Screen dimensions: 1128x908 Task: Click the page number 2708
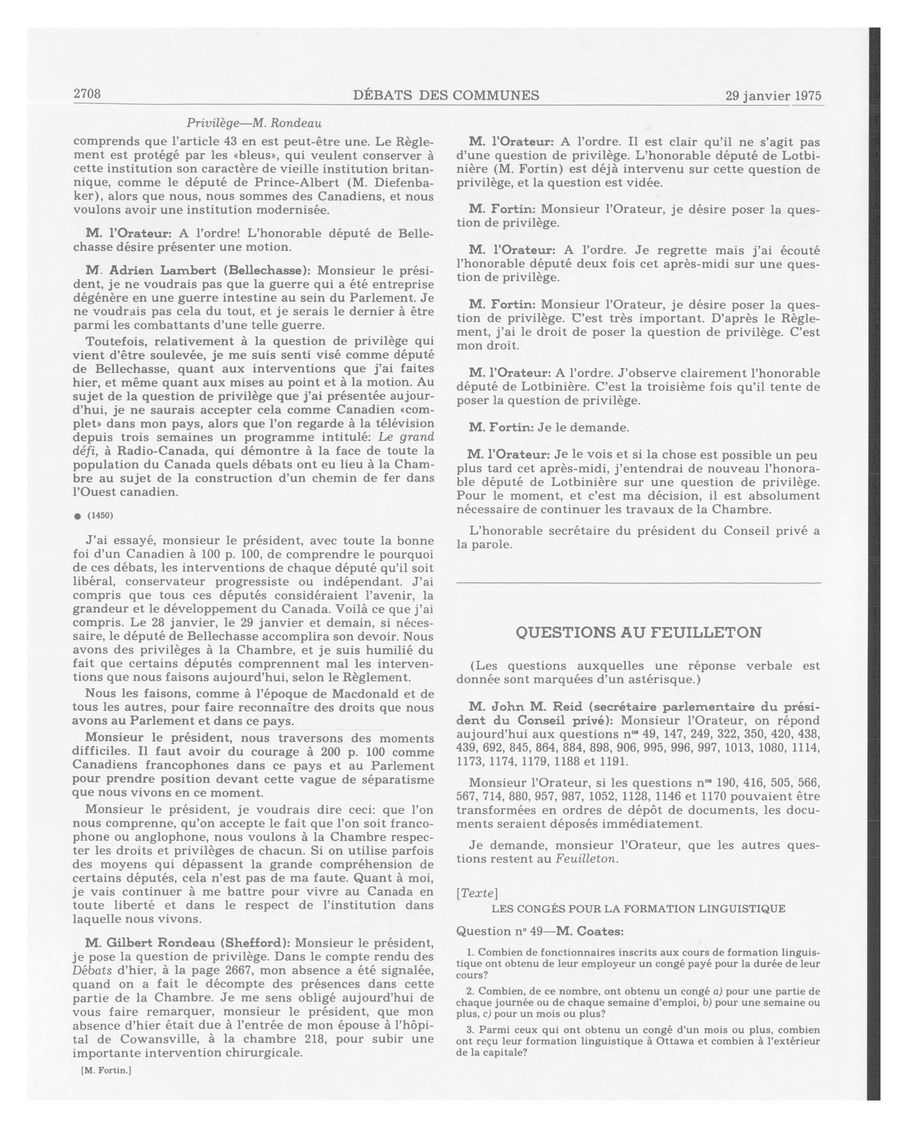point(87,94)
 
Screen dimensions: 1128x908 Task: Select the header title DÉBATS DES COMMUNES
point(446,95)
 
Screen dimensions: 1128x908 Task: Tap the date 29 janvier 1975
point(773,96)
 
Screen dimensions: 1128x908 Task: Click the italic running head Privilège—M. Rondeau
point(254,124)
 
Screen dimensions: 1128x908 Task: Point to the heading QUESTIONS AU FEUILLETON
point(638,633)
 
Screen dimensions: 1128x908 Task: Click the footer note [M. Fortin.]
point(106,1070)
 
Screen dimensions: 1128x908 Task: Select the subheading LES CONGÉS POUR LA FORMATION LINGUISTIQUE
point(638,909)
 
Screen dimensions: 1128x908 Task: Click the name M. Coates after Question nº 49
point(590,931)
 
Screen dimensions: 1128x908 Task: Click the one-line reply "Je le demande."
point(583,428)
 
